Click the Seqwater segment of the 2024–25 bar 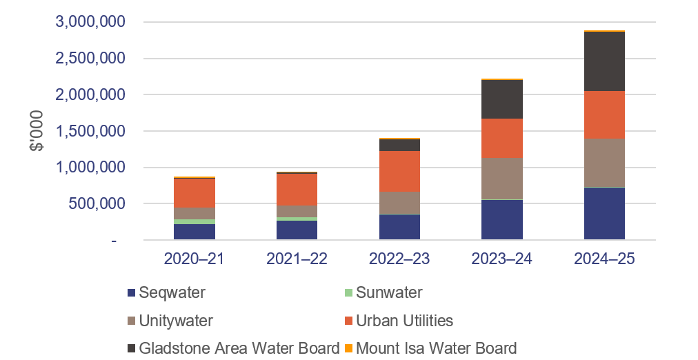pos(604,213)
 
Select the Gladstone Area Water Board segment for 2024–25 pos(604,61)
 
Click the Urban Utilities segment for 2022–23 pos(399,171)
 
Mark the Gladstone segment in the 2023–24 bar pos(501,99)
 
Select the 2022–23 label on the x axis pos(399,259)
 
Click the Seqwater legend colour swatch pos(132,293)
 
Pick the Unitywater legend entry pos(176,321)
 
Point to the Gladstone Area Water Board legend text pos(239,348)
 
